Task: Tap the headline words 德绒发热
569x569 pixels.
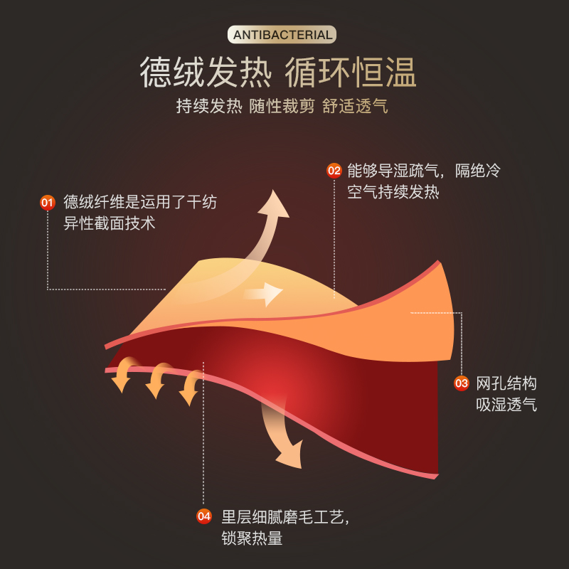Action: pos(206,73)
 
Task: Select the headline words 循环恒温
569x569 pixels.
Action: pos(351,73)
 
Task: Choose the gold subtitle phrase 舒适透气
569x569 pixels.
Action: pos(354,106)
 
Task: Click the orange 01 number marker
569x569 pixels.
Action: pos(48,203)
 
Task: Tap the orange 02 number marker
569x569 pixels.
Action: pos(334,171)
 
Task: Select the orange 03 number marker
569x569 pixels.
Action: pos(462,384)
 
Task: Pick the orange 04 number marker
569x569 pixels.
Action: pos(204,517)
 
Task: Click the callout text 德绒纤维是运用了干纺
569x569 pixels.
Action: pos(140,203)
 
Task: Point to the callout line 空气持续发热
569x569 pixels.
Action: pos(393,192)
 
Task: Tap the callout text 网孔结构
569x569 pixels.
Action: pos(506,384)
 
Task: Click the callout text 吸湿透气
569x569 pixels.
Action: pos(506,405)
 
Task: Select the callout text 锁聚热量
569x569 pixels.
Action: pos(252,538)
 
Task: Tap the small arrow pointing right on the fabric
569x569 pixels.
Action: pos(265,293)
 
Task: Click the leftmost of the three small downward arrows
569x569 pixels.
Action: pos(123,376)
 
